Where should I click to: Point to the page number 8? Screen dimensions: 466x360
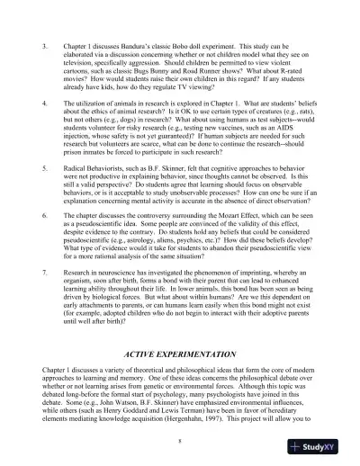pos(180,441)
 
